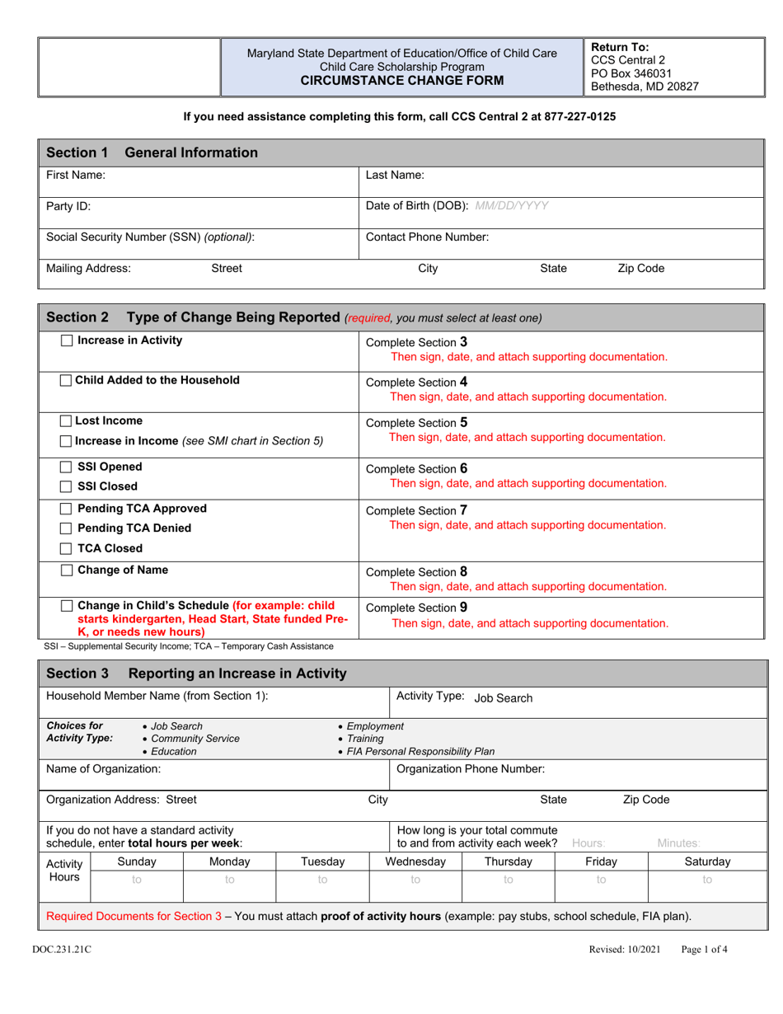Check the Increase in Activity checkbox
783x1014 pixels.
coord(68,341)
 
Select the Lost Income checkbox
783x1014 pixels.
coord(68,421)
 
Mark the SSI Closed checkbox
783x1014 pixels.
coord(68,487)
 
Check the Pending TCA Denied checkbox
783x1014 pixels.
coord(68,528)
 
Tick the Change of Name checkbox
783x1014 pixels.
coord(68,570)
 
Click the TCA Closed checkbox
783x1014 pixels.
coord(68,549)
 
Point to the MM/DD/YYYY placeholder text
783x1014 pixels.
coord(512,205)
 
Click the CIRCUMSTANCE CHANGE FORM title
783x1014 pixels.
coord(402,81)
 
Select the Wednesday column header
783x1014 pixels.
coord(415,861)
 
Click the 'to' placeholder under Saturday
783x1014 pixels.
coord(707,880)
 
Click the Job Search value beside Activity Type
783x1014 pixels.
coord(504,698)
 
